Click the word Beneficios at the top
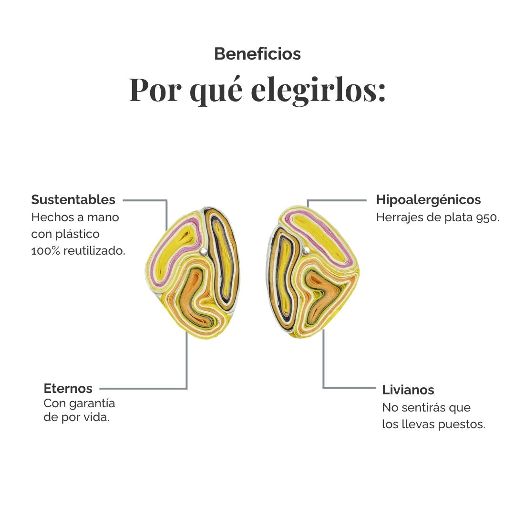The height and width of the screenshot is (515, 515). pyautogui.click(x=257, y=54)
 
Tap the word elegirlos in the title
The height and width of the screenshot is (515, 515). pyautogui.click(x=318, y=90)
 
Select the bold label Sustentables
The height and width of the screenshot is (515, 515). pyautogui.click(x=73, y=200)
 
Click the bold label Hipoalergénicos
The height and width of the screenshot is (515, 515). pyautogui.click(x=428, y=200)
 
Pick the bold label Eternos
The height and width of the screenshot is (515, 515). pyautogui.click(x=68, y=388)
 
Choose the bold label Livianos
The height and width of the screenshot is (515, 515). pyautogui.click(x=408, y=390)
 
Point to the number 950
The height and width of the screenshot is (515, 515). pyautogui.click(x=488, y=217)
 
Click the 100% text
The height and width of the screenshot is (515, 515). pyautogui.click(x=46, y=251)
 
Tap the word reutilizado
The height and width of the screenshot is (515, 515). pyautogui.click(x=94, y=251)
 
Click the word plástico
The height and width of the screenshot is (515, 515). pyautogui.click(x=78, y=235)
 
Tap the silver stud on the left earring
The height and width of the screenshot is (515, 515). pyautogui.click(x=203, y=251)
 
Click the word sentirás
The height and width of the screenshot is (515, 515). pyautogui.click(x=424, y=408)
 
